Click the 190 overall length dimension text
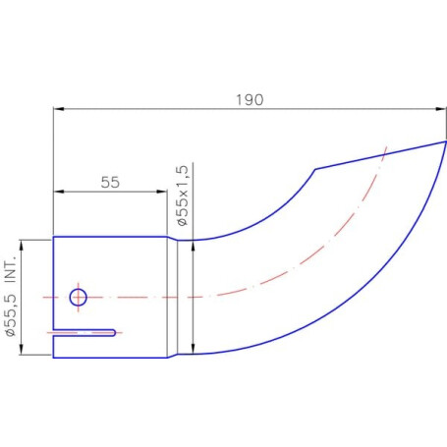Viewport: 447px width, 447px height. pyautogui.click(x=250, y=100)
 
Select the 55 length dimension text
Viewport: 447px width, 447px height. pyautogui.click(x=110, y=183)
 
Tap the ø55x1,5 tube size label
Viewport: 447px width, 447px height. pyautogui.click(x=183, y=196)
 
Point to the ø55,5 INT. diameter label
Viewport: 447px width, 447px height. pyautogui.click(x=10, y=297)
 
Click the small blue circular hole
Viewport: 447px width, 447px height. pyautogui.click(x=79, y=298)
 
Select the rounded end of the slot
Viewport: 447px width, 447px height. pyautogui.click(x=113, y=333)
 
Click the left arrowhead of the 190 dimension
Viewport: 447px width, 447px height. pyautogui.click(x=59, y=109)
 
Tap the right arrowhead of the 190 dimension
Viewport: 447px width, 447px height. pyautogui.click(x=441, y=109)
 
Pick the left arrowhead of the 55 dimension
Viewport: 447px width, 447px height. pyautogui.click(x=59, y=192)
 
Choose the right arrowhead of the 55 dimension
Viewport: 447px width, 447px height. pyautogui.click(x=162, y=192)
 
